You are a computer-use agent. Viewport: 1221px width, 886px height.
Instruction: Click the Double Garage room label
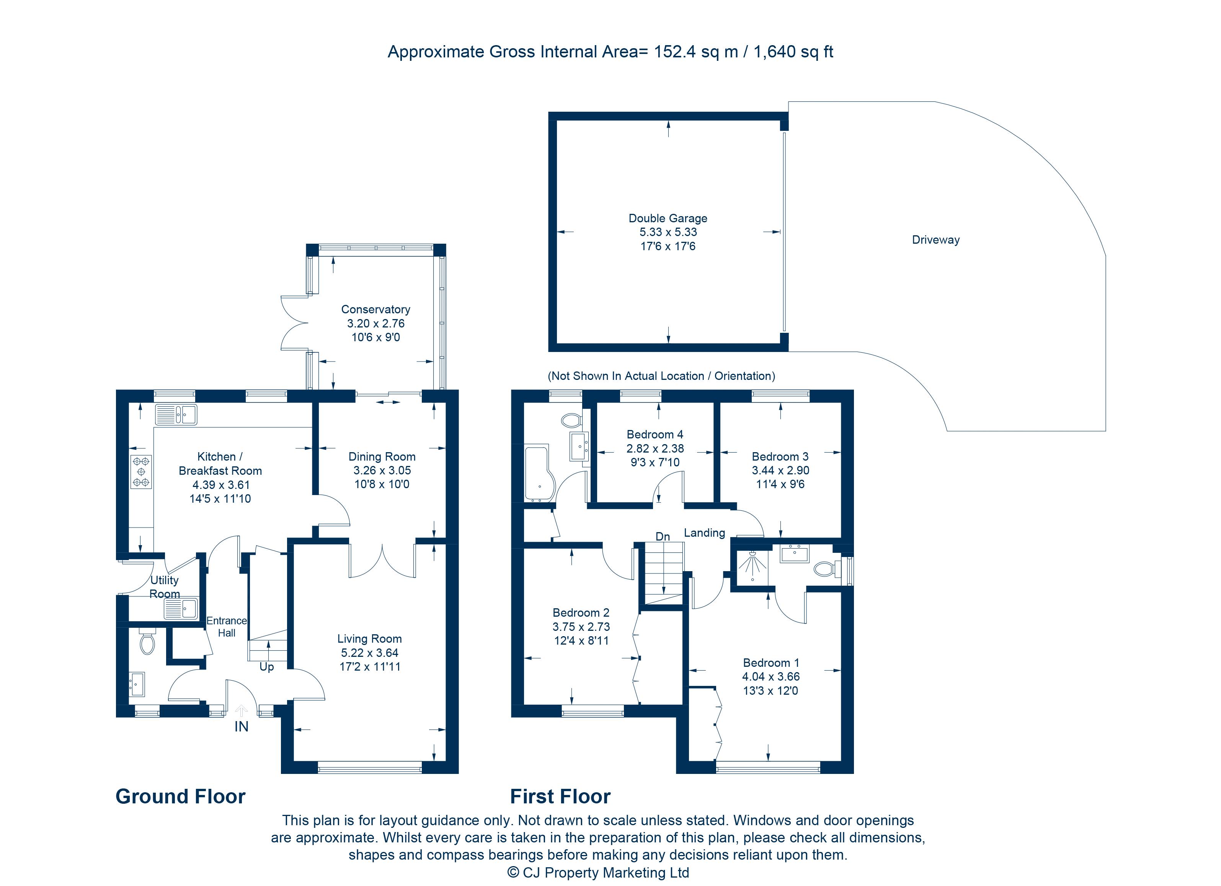[668, 218]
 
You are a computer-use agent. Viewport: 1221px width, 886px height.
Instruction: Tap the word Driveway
[935, 240]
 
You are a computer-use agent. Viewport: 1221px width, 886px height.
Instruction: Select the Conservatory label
[375, 309]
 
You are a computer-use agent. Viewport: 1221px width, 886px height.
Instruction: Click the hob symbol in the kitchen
[141, 472]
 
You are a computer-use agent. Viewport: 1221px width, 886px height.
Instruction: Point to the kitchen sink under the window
[176, 415]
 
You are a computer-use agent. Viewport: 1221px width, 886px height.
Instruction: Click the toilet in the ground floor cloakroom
[147, 642]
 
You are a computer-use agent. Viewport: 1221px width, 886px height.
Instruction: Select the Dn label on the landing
[662, 536]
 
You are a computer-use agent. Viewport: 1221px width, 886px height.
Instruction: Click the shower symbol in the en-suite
[752, 563]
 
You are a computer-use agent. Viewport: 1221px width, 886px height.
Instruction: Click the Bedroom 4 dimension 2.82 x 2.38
[655, 448]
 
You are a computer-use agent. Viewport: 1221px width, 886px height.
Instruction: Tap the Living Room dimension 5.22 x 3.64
[369, 653]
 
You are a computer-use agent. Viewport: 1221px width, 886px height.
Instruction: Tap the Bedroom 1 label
[771, 663]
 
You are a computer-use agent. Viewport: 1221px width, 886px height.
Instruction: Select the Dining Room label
[382, 457]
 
